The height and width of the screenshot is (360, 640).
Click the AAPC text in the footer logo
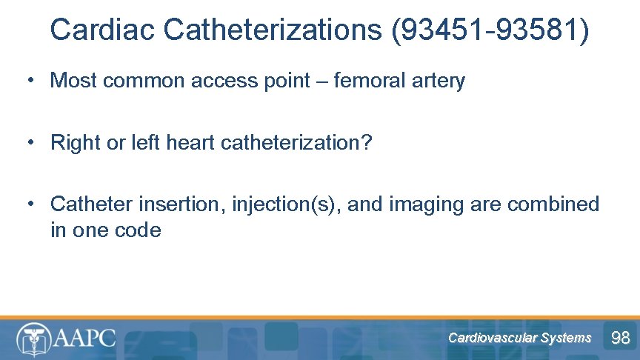click(x=84, y=338)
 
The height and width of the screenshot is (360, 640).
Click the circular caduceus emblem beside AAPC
click(x=32, y=339)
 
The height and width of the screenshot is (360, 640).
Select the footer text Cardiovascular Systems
click(x=519, y=338)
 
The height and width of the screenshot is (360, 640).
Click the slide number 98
click(x=619, y=339)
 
